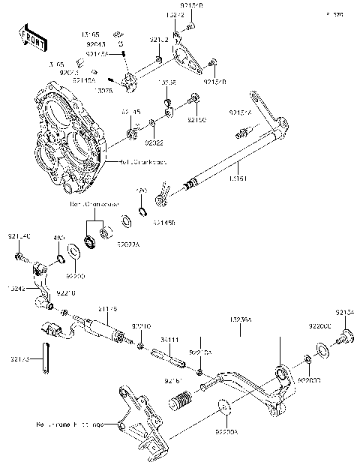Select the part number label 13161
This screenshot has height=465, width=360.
click(x=237, y=178)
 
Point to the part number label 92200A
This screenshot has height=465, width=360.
click(x=225, y=432)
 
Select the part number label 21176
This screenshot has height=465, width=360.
click(x=108, y=309)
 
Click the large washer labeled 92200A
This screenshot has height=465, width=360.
click(x=223, y=407)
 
